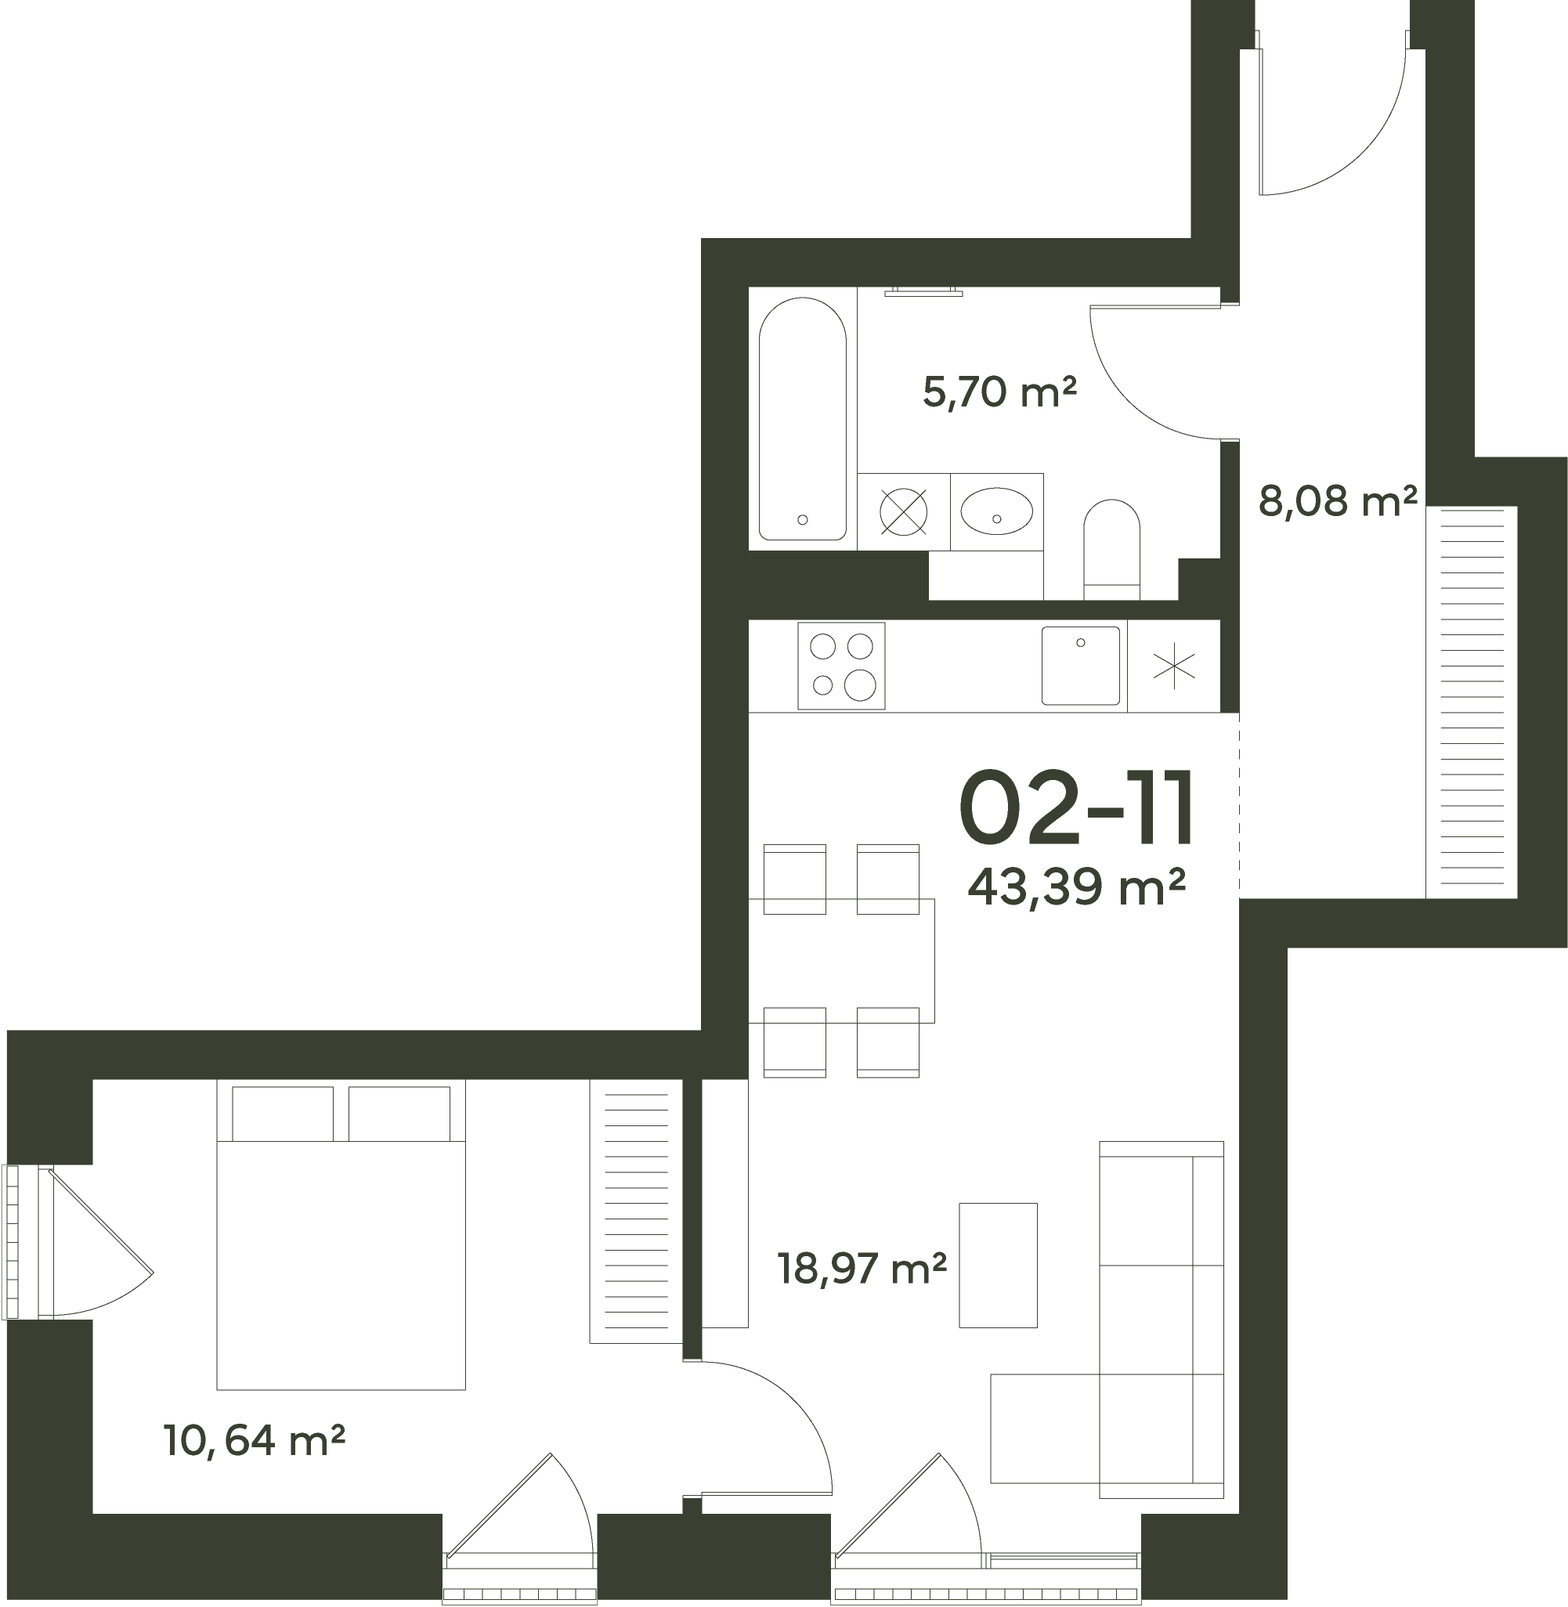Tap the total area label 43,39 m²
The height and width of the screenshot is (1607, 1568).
[1076, 886]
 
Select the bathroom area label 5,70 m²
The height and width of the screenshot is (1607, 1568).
[999, 392]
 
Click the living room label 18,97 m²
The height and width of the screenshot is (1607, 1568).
[862, 1269]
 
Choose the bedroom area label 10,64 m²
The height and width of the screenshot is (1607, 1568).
[254, 1441]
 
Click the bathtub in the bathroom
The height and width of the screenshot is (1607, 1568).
[802, 418]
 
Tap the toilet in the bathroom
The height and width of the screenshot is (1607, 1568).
[1111, 549]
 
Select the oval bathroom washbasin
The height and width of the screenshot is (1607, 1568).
[996, 511]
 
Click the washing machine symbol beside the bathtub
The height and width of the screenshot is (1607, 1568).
[903, 511]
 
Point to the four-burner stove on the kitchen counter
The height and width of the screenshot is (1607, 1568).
[842, 666]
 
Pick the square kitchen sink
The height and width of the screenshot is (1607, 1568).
[1081, 665]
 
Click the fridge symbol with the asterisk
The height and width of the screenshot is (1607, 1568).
[1173, 666]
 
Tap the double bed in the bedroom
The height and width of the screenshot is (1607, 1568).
[341, 1235]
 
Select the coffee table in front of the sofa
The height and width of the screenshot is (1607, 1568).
[998, 1266]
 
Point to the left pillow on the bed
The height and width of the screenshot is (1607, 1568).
[283, 1114]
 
